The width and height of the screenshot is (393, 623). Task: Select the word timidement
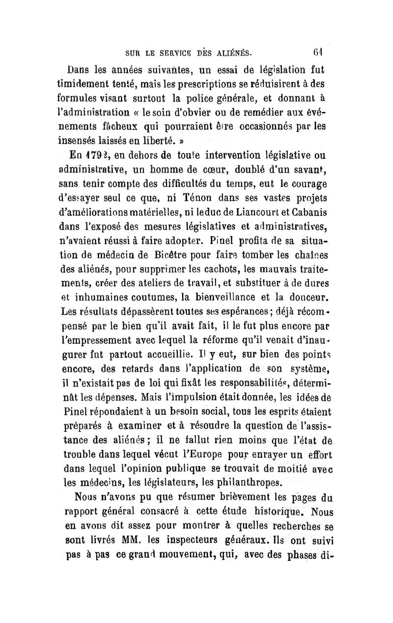tap(92, 83)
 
